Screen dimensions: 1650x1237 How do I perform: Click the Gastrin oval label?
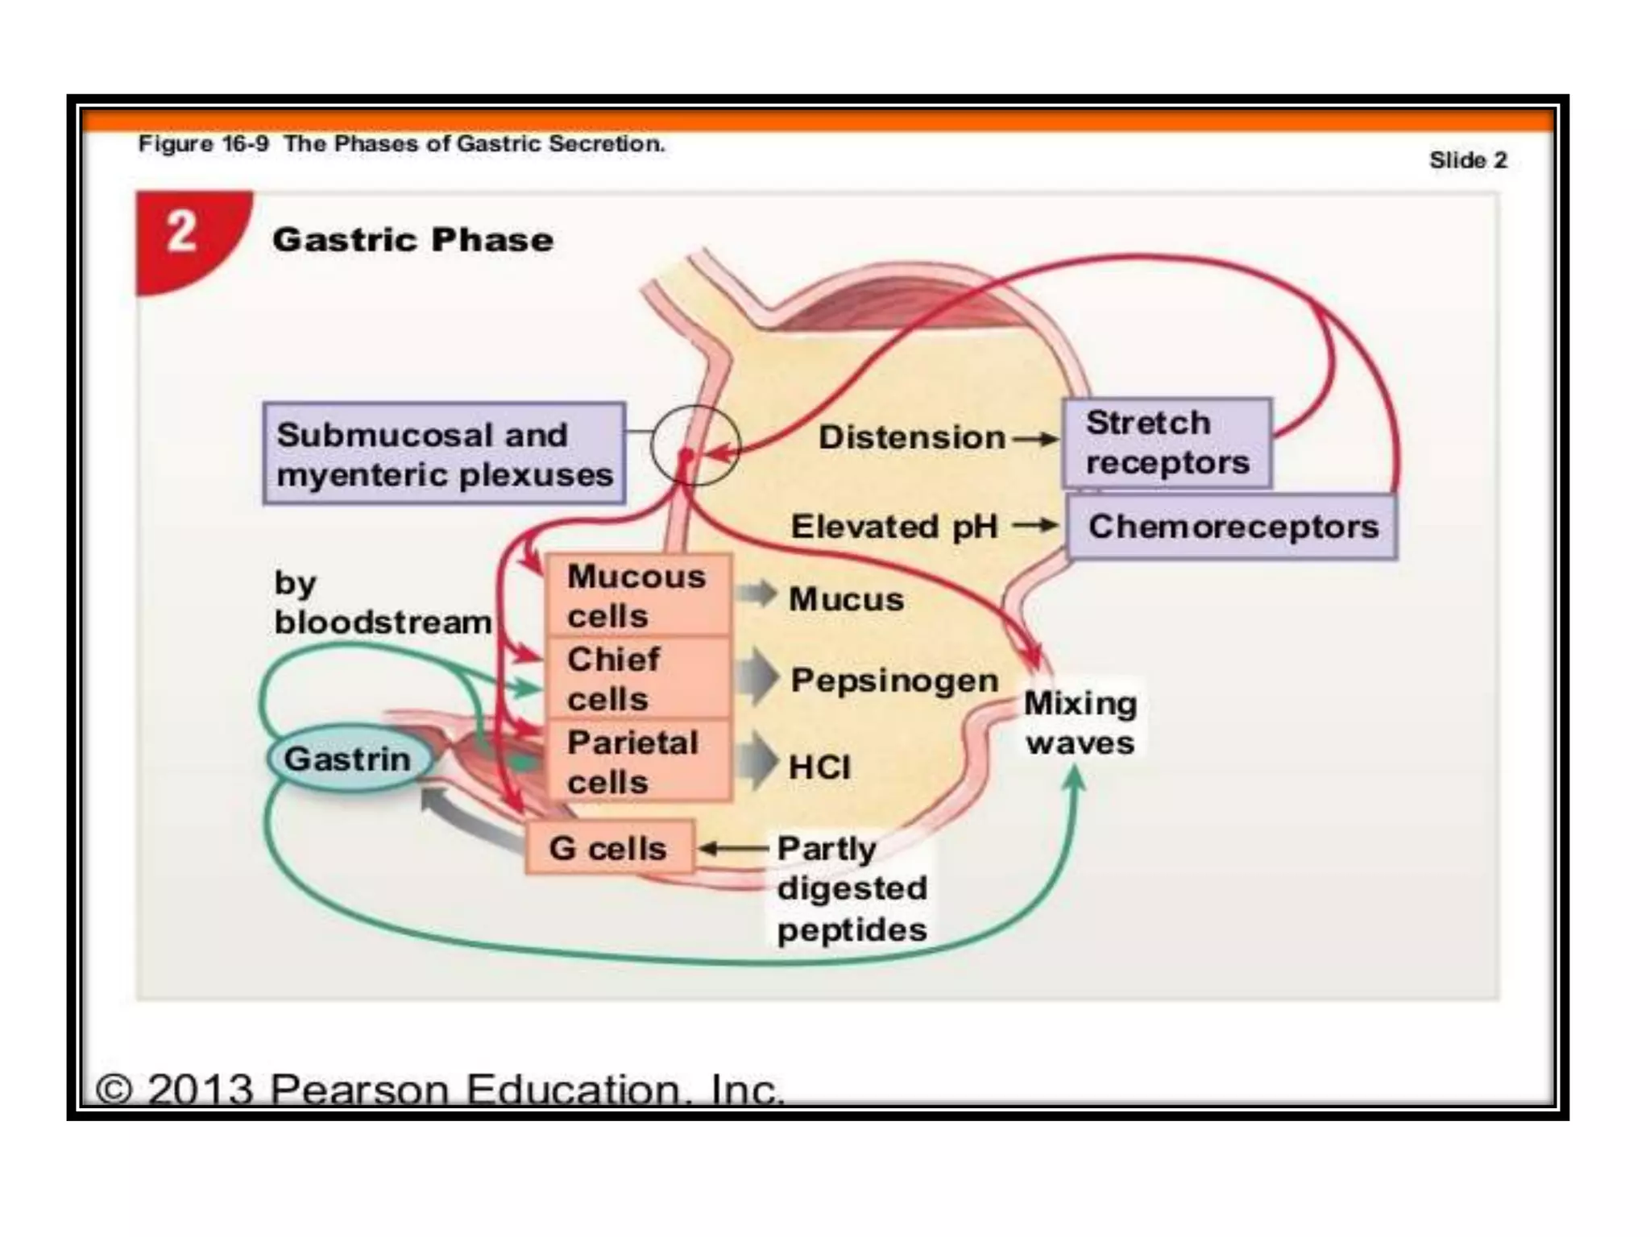(348, 759)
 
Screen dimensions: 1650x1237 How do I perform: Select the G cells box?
(609, 848)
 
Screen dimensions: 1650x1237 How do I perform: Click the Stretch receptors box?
(1167, 443)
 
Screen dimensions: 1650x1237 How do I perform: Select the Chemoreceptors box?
(1233, 527)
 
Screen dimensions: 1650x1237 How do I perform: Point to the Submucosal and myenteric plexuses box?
(444, 454)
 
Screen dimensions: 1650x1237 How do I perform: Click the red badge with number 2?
(184, 234)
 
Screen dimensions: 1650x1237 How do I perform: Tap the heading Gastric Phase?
(412, 240)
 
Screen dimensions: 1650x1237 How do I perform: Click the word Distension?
(911, 438)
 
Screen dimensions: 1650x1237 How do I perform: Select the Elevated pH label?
(894, 527)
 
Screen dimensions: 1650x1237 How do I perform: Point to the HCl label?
(819, 767)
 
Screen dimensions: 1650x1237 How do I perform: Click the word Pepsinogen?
(894, 681)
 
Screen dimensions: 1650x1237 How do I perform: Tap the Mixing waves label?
(1080, 722)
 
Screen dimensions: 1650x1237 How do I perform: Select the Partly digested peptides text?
(852, 889)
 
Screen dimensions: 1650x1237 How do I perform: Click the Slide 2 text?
(1467, 160)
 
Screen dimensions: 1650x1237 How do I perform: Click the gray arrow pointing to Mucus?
(756, 595)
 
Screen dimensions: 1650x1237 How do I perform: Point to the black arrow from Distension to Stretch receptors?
(1035, 439)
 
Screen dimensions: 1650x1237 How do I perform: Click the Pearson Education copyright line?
(439, 1089)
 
